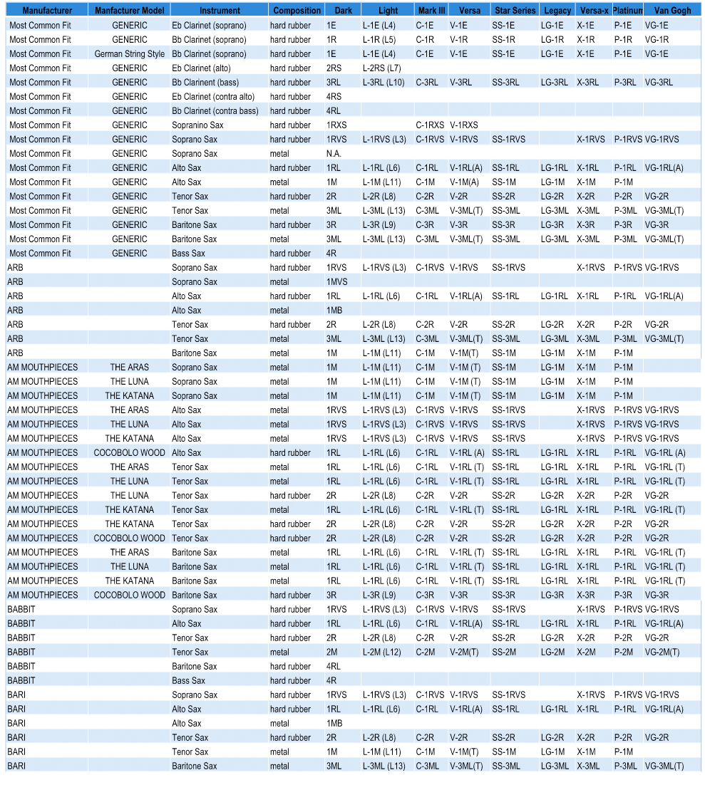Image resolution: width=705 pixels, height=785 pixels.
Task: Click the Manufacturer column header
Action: [x=47, y=11]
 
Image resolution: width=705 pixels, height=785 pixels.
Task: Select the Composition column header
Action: [x=297, y=11]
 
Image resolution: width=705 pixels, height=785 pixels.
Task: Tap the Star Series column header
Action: [x=515, y=11]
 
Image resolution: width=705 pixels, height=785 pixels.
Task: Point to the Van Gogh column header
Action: [x=671, y=11]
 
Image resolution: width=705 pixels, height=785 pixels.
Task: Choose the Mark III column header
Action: [x=431, y=11]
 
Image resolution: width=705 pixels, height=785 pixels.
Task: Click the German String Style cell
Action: [x=129, y=54]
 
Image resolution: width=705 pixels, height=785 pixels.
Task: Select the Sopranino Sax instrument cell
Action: [x=197, y=125]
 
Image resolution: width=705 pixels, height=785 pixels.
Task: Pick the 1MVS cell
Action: [x=336, y=282]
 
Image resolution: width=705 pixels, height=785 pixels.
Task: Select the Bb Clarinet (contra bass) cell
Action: [x=215, y=111]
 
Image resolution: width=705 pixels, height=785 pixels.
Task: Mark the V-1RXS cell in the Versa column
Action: [x=464, y=125]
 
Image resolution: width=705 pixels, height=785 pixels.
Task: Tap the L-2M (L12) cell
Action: [x=382, y=653]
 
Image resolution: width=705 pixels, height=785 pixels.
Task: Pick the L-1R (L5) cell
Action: [x=379, y=40]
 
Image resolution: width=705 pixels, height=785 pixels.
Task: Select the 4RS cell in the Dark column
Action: [x=334, y=97]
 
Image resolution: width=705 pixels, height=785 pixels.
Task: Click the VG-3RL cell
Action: [x=659, y=83]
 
